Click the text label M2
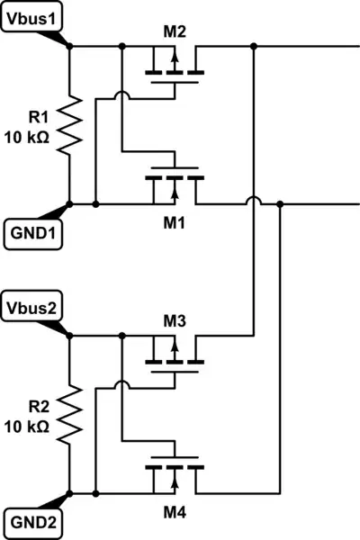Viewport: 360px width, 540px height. [175, 32]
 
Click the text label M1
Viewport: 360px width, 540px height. [175, 222]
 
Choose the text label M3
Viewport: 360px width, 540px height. [175, 321]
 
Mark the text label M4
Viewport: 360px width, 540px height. [175, 513]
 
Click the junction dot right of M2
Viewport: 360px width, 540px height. [255, 45]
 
